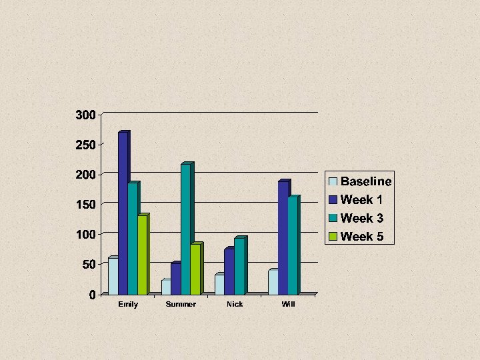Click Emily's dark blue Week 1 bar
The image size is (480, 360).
pyautogui.click(x=124, y=213)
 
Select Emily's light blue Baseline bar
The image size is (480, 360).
pyautogui.click(x=113, y=275)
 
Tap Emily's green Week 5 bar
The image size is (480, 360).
pyautogui.click(x=143, y=254)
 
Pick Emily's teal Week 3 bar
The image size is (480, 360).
pyautogui.click(x=134, y=238)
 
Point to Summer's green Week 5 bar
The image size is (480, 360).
pyautogui.click(x=197, y=269)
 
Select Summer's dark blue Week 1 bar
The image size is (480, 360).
pyautogui.click(x=176, y=278)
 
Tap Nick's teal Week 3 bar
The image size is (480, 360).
pyautogui.click(x=241, y=265)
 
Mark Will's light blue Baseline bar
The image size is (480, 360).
pyautogui.click(x=273, y=282)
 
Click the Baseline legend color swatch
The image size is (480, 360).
pyautogui.click(x=333, y=181)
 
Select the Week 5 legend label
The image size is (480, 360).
pyautogui.click(x=362, y=236)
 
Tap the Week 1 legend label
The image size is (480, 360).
pyautogui.click(x=361, y=199)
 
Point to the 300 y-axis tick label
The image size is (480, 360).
pyautogui.click(x=86, y=115)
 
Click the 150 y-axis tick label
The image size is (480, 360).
pyautogui.click(x=86, y=205)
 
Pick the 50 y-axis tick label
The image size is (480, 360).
pyautogui.click(x=89, y=265)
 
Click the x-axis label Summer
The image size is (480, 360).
pyautogui.click(x=181, y=304)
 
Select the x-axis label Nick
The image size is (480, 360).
pyautogui.click(x=235, y=304)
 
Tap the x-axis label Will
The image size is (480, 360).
pyautogui.click(x=289, y=304)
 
